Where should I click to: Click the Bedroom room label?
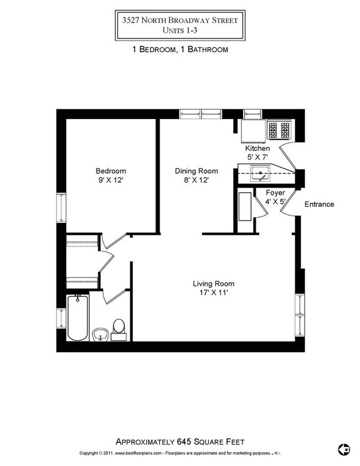111,171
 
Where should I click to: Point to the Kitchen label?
258,148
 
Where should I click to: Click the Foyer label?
275,193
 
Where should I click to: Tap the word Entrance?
320,204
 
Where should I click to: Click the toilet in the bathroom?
118,327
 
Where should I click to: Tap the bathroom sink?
100,334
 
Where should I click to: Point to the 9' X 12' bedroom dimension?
111,180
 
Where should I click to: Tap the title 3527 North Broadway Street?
180,21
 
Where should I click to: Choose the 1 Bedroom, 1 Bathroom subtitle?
180,49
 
